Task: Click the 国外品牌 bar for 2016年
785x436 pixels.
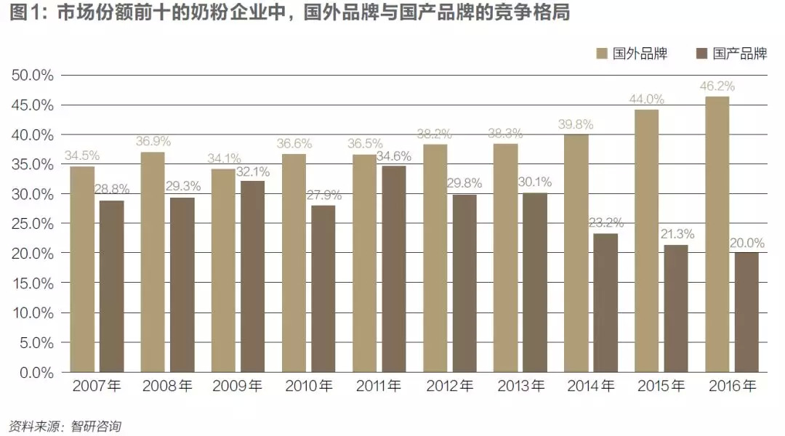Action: point(717,234)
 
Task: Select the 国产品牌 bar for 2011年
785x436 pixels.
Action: point(394,269)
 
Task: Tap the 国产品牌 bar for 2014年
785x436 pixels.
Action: point(605,302)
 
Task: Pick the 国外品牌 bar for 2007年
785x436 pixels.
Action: point(82,269)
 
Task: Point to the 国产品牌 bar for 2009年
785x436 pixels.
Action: point(253,276)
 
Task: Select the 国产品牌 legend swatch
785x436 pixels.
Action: point(702,54)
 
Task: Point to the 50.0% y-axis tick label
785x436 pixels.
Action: point(33,76)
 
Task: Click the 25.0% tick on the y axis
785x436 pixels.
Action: point(33,224)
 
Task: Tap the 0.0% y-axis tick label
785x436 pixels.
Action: point(36,372)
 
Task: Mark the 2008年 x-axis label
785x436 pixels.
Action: point(167,387)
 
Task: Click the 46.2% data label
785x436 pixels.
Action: point(717,86)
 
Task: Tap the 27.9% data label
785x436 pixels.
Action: point(323,195)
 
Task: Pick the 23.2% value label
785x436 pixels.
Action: point(605,223)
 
